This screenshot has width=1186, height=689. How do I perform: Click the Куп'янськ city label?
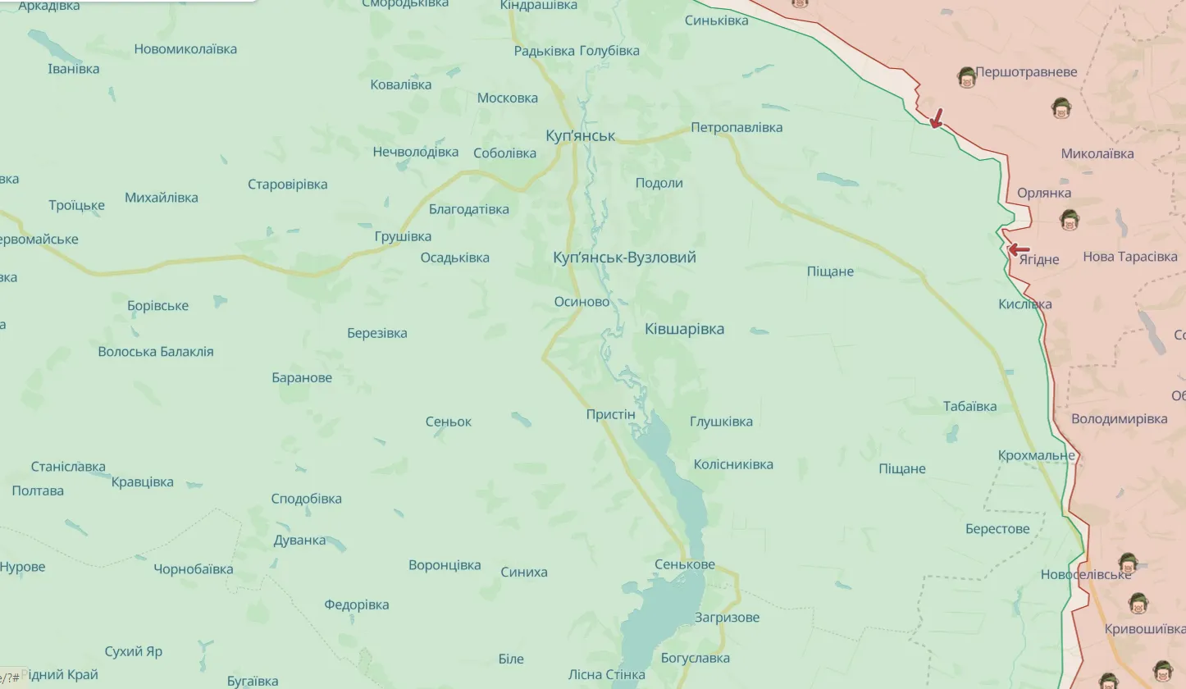point(580,135)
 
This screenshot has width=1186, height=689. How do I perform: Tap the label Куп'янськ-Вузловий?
point(625,258)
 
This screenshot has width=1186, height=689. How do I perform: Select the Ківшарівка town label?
point(684,329)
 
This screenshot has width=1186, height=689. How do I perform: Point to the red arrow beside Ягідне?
point(1018,250)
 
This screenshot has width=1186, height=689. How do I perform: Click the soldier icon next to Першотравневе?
point(967,78)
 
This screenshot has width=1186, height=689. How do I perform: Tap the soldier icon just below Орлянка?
point(1068,219)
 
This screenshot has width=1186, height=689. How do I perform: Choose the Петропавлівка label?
point(736,127)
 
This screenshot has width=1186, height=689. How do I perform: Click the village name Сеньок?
point(448,422)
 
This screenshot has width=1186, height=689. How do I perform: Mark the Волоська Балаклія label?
point(155,351)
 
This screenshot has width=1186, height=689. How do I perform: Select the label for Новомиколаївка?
point(185,49)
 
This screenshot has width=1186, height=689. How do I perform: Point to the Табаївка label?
point(969,406)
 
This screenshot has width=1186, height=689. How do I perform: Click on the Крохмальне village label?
point(1036,455)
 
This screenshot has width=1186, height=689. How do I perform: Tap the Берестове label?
point(997,529)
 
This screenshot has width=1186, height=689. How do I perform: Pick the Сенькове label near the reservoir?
point(684,564)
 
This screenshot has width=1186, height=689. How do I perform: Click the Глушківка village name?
point(721,422)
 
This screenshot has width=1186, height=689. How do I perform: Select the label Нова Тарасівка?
point(1129,257)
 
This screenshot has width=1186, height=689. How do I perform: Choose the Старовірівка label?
point(287,184)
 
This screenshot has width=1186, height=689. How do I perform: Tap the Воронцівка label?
point(444,565)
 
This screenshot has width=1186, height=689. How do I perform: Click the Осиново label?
point(582,302)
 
